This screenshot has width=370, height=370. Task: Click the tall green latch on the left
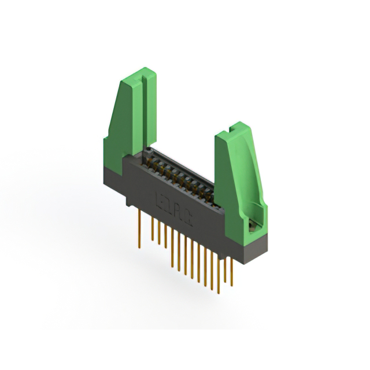131,116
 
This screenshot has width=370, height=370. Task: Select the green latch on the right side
238,173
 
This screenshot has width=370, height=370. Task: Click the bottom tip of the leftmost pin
139,247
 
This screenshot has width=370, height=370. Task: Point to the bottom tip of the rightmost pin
231,286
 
